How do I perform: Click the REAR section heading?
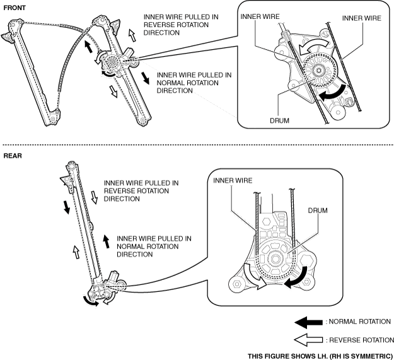pos(13,154)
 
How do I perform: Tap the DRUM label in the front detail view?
pos(279,120)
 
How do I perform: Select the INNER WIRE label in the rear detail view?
pos(233,181)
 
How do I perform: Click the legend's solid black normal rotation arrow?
pos(310,322)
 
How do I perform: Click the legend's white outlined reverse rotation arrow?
pos(310,340)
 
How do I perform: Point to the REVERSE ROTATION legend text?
pos(362,340)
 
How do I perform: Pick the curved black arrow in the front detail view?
pos(332,91)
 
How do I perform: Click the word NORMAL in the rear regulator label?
pos(135,247)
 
